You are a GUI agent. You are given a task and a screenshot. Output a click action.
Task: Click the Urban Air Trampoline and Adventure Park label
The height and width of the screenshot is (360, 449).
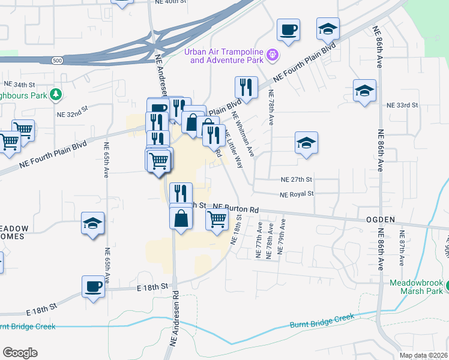225,55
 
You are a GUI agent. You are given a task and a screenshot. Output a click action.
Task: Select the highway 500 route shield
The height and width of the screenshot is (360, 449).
56,61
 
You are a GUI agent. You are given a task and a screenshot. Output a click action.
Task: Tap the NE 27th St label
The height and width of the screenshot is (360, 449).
297,179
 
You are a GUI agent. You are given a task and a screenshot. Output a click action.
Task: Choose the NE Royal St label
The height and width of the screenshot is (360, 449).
297,194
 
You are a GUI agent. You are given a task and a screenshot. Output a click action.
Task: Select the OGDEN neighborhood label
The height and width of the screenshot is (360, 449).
381,220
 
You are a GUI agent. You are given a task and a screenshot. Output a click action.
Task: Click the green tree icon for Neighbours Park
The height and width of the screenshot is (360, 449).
56,94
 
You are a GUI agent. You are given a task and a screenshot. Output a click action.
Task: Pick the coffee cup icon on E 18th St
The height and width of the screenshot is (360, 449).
93,286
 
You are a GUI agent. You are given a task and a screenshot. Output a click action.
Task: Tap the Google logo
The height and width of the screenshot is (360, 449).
20,353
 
